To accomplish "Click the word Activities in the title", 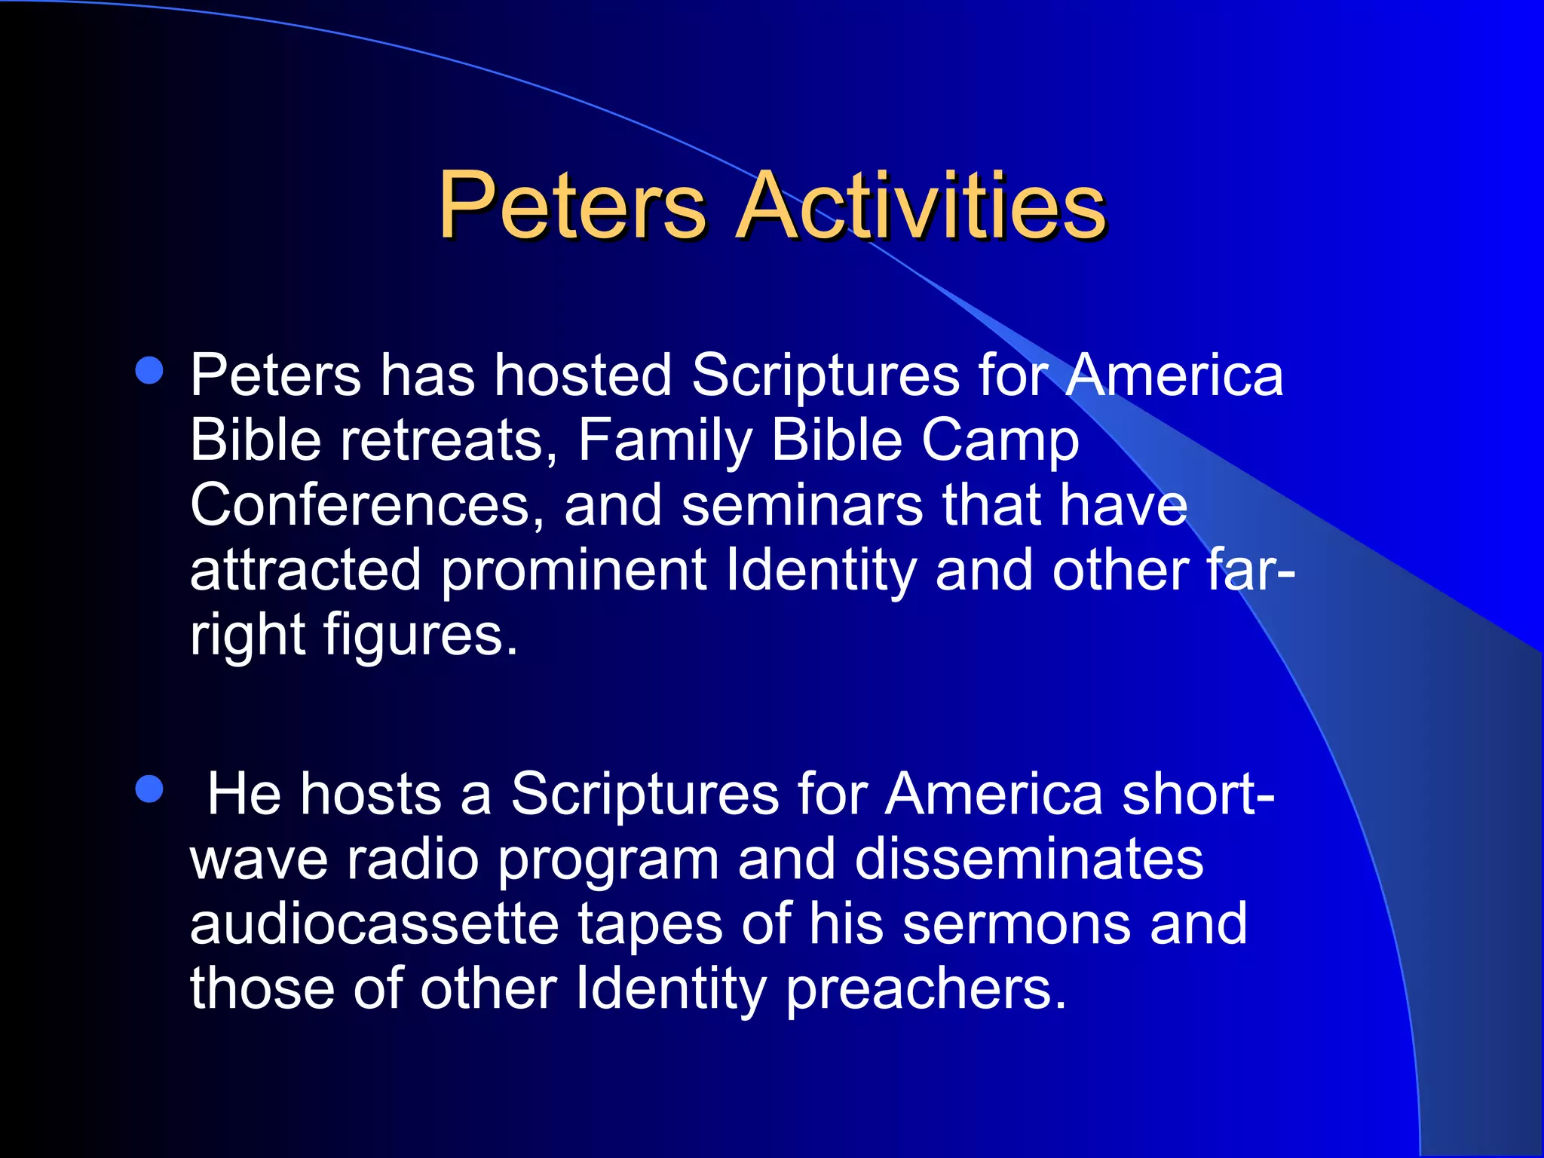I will tap(921, 206).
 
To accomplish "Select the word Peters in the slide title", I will tap(571, 206).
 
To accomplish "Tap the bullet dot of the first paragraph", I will tap(149, 371).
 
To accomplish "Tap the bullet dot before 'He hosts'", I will tap(149, 790).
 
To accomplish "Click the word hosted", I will tap(582, 375).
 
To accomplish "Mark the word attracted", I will tap(305, 571).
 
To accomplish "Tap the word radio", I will tap(413, 859).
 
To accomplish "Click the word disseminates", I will tap(1029, 859).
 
